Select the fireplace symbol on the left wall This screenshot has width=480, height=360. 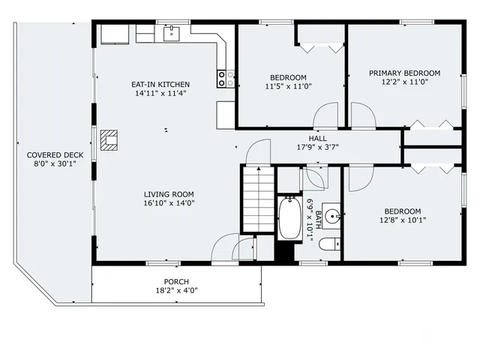[x=109, y=139]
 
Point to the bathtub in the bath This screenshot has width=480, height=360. [x=289, y=218]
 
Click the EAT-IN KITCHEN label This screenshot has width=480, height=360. [x=161, y=85]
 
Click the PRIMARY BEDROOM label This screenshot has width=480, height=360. [x=404, y=73]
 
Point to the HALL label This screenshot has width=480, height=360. [x=317, y=139]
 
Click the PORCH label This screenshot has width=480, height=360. [x=176, y=282]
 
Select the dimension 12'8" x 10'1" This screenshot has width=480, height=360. [x=403, y=220]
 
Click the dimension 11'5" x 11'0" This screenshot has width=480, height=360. [x=288, y=87]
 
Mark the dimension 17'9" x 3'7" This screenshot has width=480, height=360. [x=317, y=148]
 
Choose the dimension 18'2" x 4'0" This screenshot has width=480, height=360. [x=176, y=291]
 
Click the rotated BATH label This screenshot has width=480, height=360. [x=318, y=220]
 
